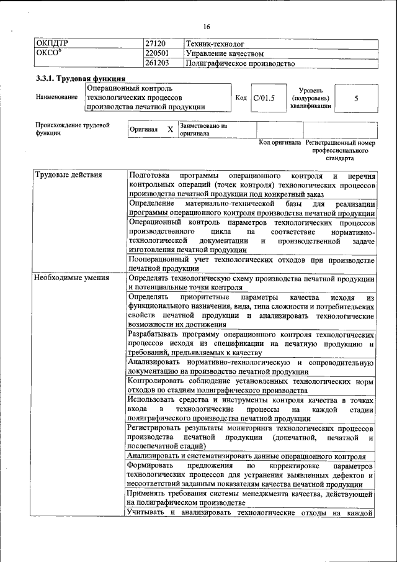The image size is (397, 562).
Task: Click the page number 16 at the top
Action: (207, 27)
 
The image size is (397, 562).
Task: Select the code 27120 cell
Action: (155, 44)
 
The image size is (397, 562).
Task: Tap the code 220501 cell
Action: (157, 53)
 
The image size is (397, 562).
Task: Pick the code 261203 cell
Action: (157, 63)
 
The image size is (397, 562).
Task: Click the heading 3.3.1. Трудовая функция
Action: (81, 79)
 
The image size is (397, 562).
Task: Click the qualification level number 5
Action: (356, 98)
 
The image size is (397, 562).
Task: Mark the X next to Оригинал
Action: (170, 129)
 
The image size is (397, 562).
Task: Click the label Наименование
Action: (56, 97)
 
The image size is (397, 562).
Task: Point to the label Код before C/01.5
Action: (242, 97)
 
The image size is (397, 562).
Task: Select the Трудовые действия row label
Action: (68, 174)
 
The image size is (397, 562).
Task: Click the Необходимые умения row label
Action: (72, 278)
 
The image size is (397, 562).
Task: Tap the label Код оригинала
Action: (280, 142)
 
